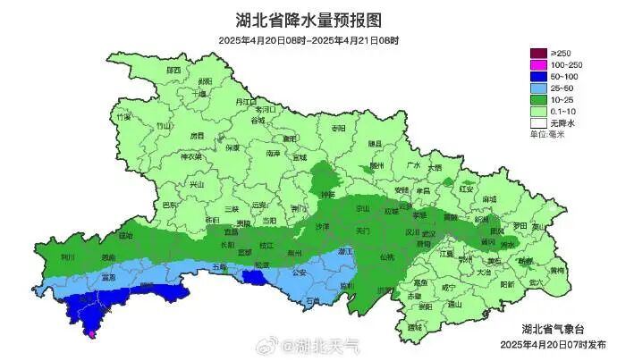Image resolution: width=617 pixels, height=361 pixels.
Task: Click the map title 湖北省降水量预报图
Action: click(308, 20)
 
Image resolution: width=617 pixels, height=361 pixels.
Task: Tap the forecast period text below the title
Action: click(308, 40)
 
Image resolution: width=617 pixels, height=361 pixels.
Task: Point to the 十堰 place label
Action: click(199, 92)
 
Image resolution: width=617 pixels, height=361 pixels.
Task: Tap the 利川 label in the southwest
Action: click(68, 256)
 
